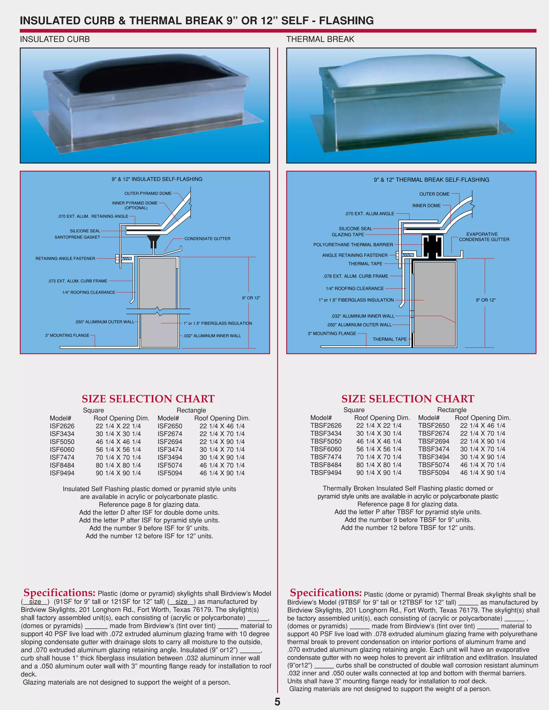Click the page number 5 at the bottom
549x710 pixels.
277,701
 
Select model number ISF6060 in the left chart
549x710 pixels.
62,450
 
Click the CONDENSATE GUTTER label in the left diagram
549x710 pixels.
207,239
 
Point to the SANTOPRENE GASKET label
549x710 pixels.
77,237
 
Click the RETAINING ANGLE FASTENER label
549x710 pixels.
65,259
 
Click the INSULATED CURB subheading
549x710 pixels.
55,39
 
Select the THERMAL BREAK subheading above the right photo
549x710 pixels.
320,39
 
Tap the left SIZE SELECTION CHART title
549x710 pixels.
148,399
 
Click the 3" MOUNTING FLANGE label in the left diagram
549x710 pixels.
67,335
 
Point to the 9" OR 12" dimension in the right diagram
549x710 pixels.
485,300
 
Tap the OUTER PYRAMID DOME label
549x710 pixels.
148,193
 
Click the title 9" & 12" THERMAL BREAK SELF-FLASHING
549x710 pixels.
431,180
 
